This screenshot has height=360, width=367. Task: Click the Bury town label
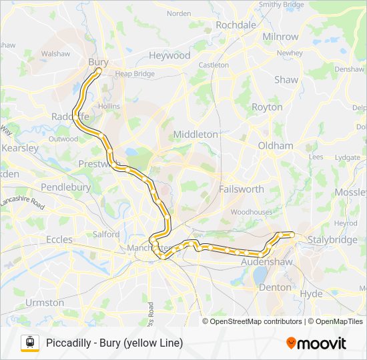(98, 61)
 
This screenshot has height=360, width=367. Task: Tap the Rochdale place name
(236, 25)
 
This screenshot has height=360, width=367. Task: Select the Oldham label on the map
(276, 145)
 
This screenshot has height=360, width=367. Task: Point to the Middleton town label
(196, 134)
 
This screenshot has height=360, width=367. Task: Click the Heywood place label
(169, 55)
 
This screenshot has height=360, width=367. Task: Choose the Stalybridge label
(332, 240)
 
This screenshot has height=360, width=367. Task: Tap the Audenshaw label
(265, 263)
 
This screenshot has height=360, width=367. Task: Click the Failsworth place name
(241, 189)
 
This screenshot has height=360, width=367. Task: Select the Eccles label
(59, 239)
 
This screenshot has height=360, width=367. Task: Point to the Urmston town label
(45, 302)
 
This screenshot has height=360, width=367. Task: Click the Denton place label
(274, 287)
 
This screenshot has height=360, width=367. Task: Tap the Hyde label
(311, 293)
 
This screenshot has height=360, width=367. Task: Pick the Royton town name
(267, 107)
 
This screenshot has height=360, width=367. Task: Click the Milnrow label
(280, 36)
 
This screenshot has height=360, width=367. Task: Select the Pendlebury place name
(65, 187)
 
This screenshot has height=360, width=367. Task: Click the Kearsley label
(20, 148)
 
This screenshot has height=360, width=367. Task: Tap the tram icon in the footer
(29, 343)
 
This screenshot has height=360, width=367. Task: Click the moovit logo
(316, 343)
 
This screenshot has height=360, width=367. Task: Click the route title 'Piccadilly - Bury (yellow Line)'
(114, 343)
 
